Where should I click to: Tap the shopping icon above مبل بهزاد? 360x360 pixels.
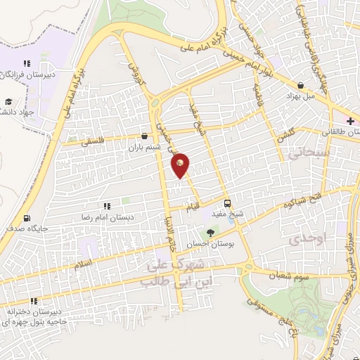pyautogui.click(x=301, y=86)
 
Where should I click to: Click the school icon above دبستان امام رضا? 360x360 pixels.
pyautogui.click(x=107, y=206)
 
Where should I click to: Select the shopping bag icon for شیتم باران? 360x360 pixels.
pyautogui.click(x=144, y=136)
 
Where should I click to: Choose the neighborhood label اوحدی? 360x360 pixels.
pyautogui.click(x=309, y=238)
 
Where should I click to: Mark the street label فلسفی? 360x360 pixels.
pyautogui.click(x=91, y=141)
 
